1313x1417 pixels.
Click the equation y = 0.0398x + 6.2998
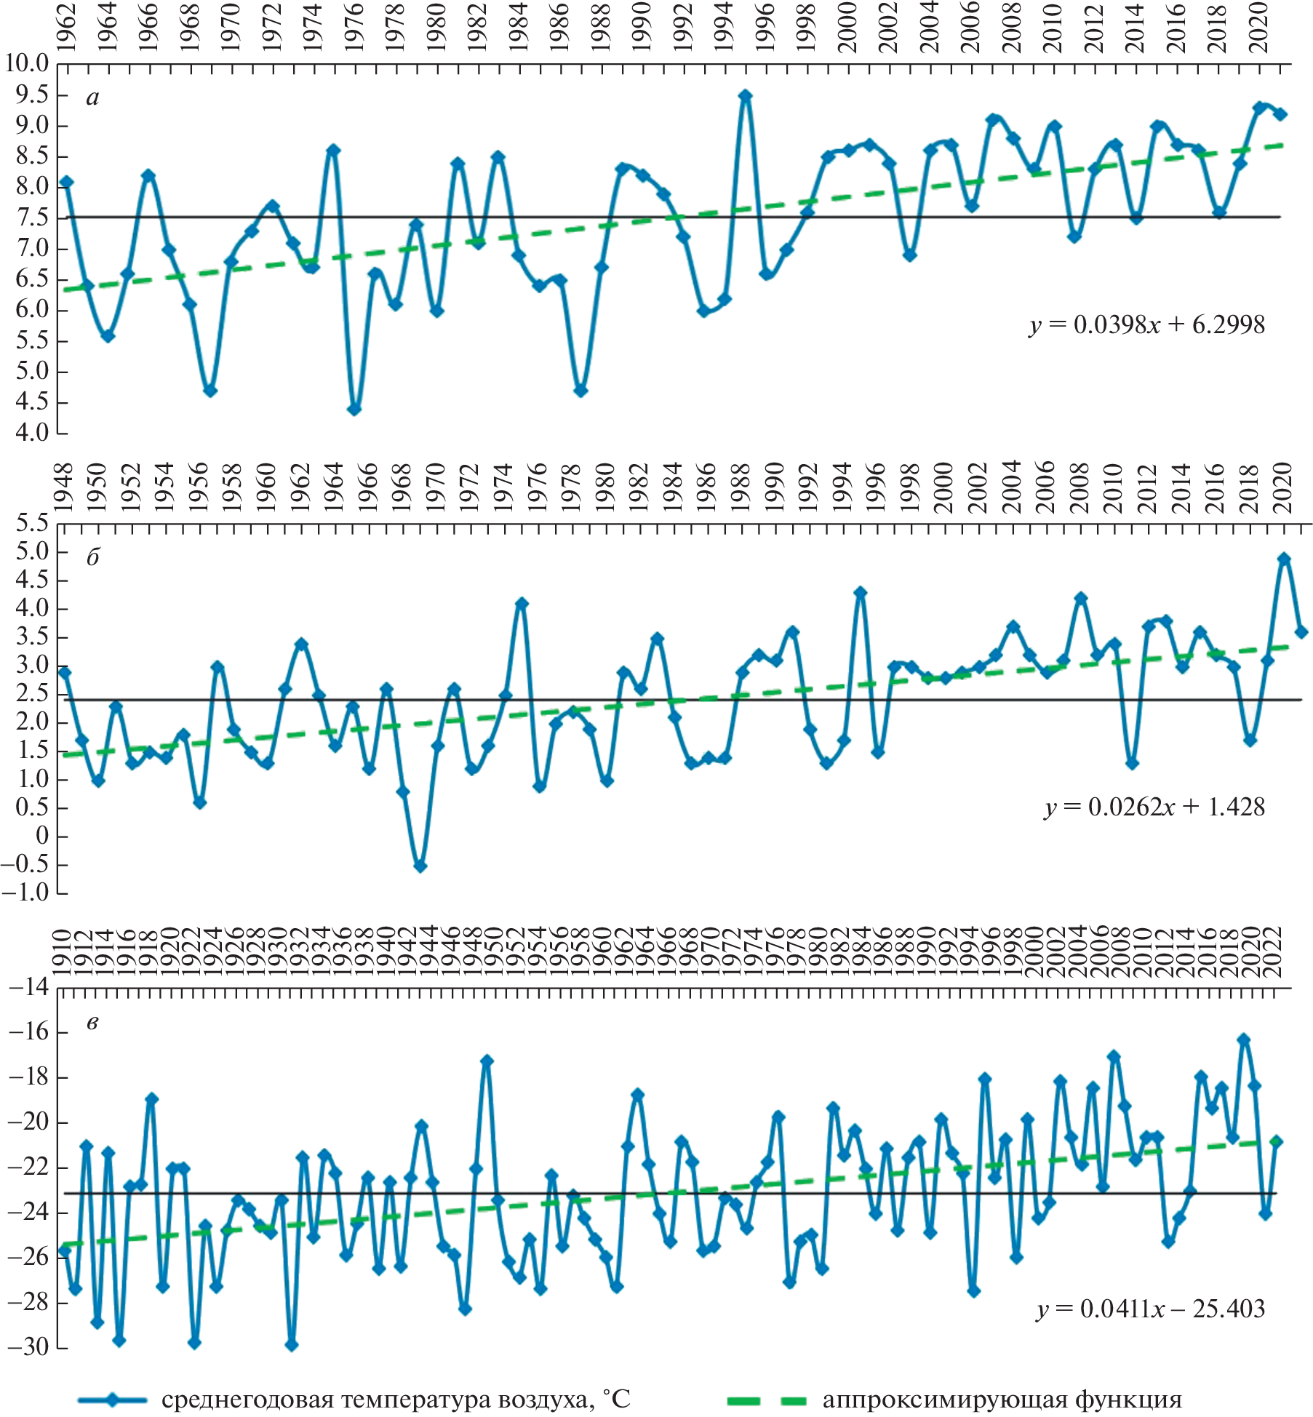pos(1147,324)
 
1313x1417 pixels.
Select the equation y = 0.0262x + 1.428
pos(1154,807)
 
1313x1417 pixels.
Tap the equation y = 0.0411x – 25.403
pos(1151,1309)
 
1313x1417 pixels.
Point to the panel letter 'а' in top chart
pos(92,97)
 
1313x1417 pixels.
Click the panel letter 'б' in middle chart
pos(92,557)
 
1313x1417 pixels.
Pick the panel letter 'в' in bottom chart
pos(92,1023)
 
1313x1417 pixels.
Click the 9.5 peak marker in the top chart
pos(745,95)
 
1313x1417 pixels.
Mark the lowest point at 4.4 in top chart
pos(354,410)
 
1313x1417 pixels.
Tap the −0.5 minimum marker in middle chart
pos(420,866)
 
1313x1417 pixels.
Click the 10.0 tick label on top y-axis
pos(27,63)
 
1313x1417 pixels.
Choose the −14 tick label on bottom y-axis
pos(28,987)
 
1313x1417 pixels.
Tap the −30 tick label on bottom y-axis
pos(28,1346)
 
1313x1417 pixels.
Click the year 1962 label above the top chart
pos(66,28)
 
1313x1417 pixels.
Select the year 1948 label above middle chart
pos(64,487)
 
